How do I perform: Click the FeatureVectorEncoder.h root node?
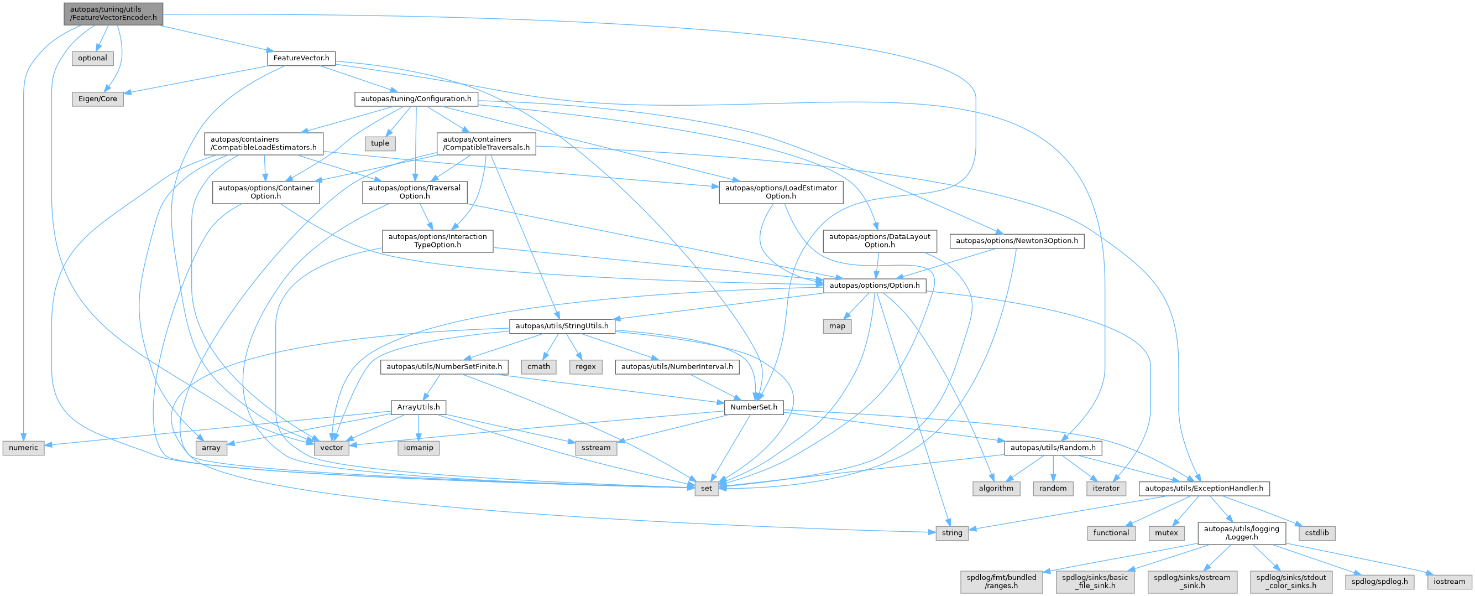click(113, 13)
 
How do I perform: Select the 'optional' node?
click(92, 58)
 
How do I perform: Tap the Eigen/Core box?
click(97, 99)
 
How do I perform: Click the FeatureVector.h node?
click(301, 58)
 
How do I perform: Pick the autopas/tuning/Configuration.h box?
click(416, 99)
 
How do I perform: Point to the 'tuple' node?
click(380, 143)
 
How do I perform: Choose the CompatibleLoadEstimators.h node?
click(263, 143)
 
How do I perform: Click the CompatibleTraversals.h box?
click(486, 143)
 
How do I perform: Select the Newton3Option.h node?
click(1016, 241)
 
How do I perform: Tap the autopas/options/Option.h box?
click(875, 286)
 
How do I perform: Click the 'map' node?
click(836, 326)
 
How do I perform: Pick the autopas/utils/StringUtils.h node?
click(562, 326)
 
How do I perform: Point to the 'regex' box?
click(585, 367)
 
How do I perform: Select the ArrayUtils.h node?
click(419, 407)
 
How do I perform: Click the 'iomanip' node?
click(419, 448)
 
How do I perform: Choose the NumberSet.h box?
click(754, 407)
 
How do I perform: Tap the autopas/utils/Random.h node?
click(1053, 448)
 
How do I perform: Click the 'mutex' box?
click(1166, 533)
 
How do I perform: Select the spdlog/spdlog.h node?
click(1379, 582)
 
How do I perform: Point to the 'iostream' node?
click(1449, 582)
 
